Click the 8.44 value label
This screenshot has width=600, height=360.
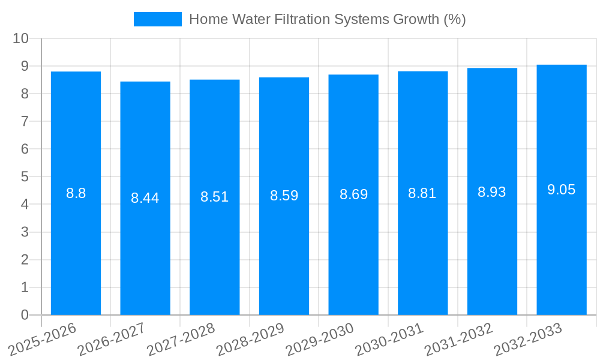[145, 198]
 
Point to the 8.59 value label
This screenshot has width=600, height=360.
[284, 196]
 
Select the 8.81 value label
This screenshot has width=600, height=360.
[422, 193]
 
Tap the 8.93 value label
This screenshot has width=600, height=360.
[492, 192]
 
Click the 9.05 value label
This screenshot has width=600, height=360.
[562, 190]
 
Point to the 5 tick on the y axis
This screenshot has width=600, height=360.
[25, 177]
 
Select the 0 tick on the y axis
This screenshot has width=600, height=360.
[25, 315]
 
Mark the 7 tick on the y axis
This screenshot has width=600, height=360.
[25, 121]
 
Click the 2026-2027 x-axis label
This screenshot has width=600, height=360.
[111, 339]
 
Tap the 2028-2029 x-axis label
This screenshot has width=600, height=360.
[250, 339]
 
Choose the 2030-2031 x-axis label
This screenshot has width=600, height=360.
[389, 339]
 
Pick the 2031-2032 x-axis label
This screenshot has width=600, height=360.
[458, 339]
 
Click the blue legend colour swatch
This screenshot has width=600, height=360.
[157, 19]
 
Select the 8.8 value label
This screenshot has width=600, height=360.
[76, 193]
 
